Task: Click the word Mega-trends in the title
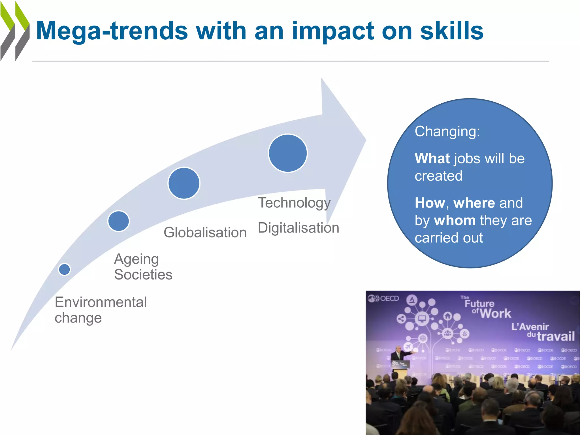[112, 31]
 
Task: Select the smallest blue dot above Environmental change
[64, 269]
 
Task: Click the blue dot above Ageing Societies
[118, 221]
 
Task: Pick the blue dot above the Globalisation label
[184, 183]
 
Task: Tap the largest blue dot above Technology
[288, 153]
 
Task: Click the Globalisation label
[205, 233]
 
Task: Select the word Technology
[294, 203]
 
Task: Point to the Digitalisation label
[298, 228]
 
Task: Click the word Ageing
[136, 259]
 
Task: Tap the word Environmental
[101, 302]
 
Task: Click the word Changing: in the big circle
[447, 132]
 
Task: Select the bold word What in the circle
[432, 158]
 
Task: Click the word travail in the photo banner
[556, 336]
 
